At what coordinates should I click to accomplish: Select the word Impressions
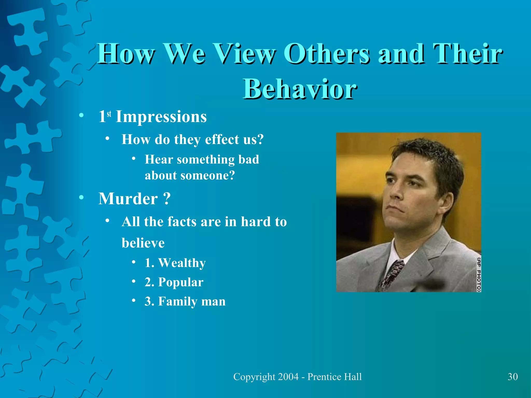coord(161,117)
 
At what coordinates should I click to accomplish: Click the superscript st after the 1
coord(109,113)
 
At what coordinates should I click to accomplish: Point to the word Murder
coord(128,199)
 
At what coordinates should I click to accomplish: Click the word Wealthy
coord(182,263)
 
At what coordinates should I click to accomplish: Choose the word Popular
coord(181,282)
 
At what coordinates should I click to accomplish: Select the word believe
coord(143,243)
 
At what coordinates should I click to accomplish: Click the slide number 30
coord(513,377)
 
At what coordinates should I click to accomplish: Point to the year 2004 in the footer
coord(288,377)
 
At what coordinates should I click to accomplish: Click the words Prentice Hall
coord(334,377)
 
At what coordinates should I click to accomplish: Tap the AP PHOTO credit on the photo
coord(479,274)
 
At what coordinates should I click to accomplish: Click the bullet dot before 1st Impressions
coord(81,115)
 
